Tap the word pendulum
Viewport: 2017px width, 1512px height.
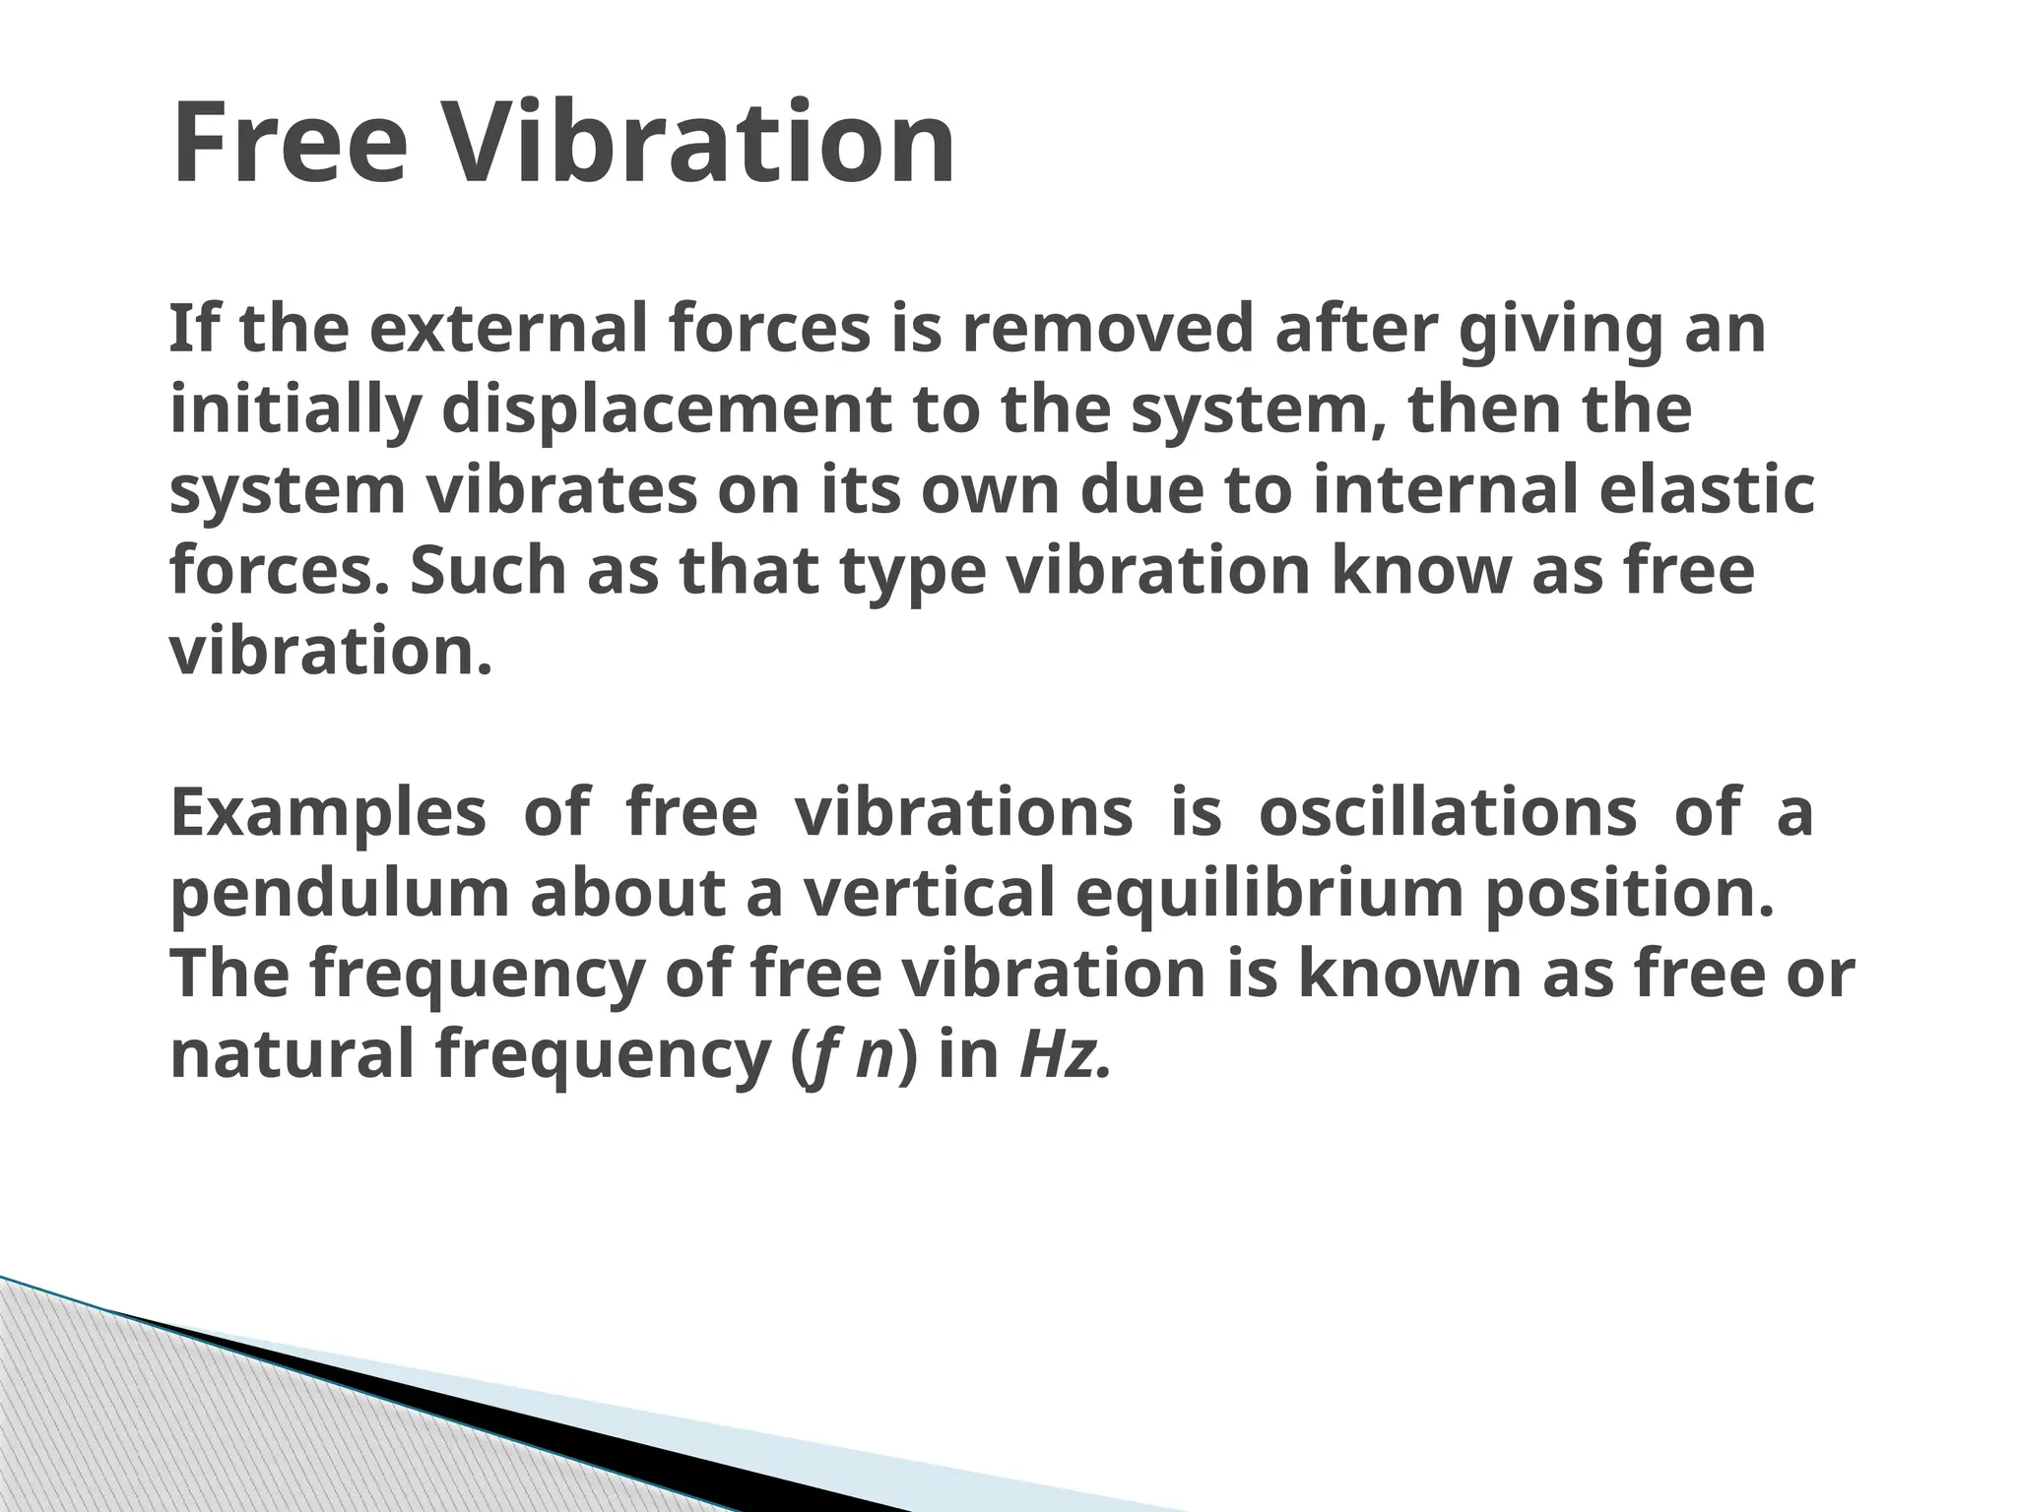click(340, 896)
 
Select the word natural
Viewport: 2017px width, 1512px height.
click(293, 1055)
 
